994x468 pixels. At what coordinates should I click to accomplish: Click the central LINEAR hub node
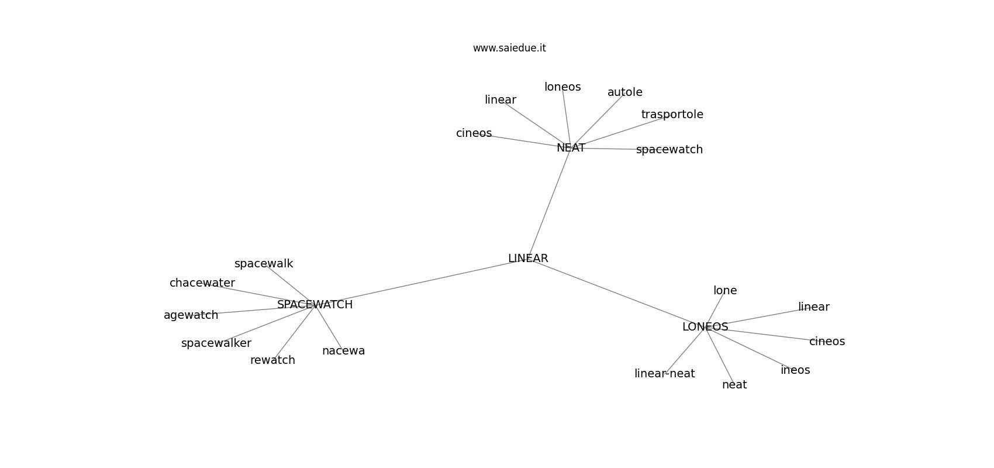[x=528, y=258]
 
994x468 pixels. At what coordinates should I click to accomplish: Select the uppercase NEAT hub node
[x=571, y=148]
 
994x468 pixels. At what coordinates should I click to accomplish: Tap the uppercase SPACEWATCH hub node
[x=315, y=305]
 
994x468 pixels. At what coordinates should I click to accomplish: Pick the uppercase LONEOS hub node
[x=705, y=327]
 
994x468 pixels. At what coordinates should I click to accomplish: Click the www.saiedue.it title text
[x=509, y=48]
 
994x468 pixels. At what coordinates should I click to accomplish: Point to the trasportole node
[x=672, y=115]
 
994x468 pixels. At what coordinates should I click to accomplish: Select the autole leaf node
[x=625, y=92]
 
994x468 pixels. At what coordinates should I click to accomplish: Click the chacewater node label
[x=202, y=283]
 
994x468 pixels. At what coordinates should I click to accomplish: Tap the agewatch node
[x=191, y=315]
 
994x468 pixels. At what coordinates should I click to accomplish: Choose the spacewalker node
[x=216, y=343]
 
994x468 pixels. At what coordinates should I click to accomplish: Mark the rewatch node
[x=272, y=360]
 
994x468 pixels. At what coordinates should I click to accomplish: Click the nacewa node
[x=343, y=351]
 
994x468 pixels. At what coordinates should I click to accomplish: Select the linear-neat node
[x=664, y=373]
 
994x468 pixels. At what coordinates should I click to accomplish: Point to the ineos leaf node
[x=795, y=370]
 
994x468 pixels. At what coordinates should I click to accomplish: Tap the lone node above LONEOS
[x=725, y=290]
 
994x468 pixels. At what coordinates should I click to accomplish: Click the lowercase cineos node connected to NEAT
[x=474, y=133]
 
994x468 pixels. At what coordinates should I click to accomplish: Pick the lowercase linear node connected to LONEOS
[x=814, y=307]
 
